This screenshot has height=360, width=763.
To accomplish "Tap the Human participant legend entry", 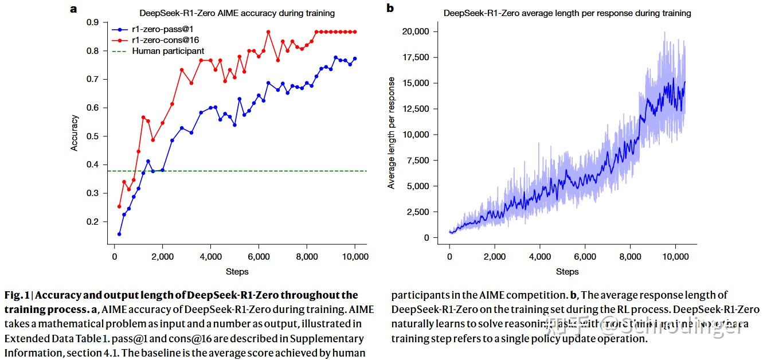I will click(167, 51).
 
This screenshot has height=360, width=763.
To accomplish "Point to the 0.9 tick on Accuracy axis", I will click(92, 22).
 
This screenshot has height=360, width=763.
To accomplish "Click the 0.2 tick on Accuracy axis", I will click(92, 222).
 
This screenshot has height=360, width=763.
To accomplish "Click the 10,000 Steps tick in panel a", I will click(355, 257).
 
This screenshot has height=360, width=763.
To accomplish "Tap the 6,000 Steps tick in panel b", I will click(585, 257).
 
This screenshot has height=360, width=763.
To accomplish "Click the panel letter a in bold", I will click(73, 9).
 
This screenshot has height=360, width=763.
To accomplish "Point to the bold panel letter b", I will click(390, 8).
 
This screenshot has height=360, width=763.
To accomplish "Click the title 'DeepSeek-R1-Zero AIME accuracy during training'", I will click(237, 13).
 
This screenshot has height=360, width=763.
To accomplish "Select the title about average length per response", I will click(567, 13).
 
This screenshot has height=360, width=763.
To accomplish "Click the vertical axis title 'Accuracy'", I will click(74, 133).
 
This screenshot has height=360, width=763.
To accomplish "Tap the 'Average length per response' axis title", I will click(392, 134).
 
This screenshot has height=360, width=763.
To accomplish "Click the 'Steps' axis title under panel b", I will click(567, 272).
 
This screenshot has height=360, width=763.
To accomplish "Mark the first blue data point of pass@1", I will click(119, 234).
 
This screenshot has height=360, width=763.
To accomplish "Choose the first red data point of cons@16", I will click(119, 206).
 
